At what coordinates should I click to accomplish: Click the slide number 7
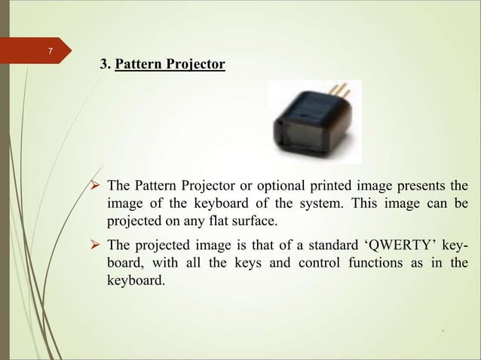coord(50,51)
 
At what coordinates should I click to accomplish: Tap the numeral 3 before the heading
coord(104,66)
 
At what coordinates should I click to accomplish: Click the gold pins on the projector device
coord(340,93)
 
